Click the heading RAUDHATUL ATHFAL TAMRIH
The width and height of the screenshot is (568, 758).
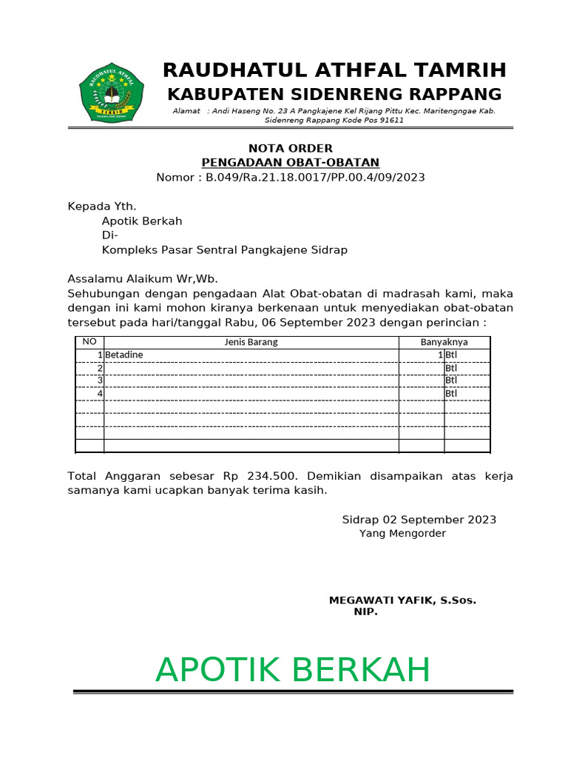click(x=334, y=70)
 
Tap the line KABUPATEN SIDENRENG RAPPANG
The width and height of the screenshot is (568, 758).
click(x=334, y=95)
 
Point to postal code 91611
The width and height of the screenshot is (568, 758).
click(x=388, y=120)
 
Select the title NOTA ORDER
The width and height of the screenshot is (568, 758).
click(x=290, y=148)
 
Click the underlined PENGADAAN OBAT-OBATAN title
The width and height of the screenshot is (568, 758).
click(x=291, y=163)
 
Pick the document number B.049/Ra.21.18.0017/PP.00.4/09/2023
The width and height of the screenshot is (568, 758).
click(x=315, y=178)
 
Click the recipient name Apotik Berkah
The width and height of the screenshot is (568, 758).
click(x=141, y=221)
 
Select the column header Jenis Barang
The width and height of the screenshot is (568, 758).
click(x=251, y=342)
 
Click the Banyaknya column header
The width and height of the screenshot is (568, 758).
click(x=444, y=342)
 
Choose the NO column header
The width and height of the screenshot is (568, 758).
click(x=89, y=342)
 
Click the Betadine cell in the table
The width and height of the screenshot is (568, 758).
click(x=124, y=355)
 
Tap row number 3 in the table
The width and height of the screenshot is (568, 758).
click(x=99, y=380)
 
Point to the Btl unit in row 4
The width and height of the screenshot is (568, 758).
click(x=451, y=394)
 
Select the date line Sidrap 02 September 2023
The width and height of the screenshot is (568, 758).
click(x=419, y=520)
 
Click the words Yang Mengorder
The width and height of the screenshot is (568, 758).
click(x=402, y=533)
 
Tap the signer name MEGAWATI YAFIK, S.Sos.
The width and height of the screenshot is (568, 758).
click(x=402, y=600)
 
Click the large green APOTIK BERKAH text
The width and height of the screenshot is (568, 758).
click(x=293, y=670)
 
